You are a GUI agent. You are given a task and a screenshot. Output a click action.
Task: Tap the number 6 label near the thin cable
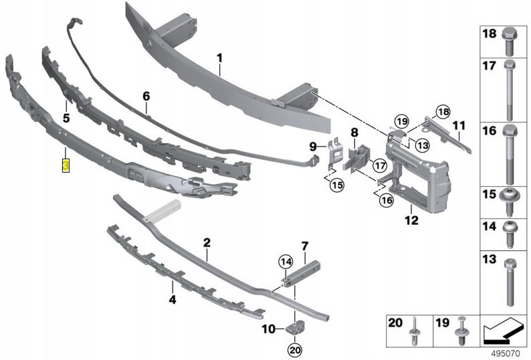pyautogui.click(x=146, y=96)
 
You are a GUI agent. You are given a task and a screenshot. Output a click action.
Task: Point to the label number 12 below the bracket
pyautogui.click(x=411, y=219)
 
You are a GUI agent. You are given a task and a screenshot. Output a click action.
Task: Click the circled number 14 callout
pyautogui.click(x=286, y=262)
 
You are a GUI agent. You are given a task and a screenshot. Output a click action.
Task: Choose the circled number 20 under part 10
pyautogui.click(x=295, y=349)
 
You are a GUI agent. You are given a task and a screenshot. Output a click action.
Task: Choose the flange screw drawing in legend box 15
pyautogui.click(x=510, y=198)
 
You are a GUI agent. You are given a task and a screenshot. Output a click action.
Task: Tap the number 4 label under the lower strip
pyautogui.click(x=172, y=300)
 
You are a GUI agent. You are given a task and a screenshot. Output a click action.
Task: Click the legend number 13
pyautogui.click(x=489, y=259)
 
